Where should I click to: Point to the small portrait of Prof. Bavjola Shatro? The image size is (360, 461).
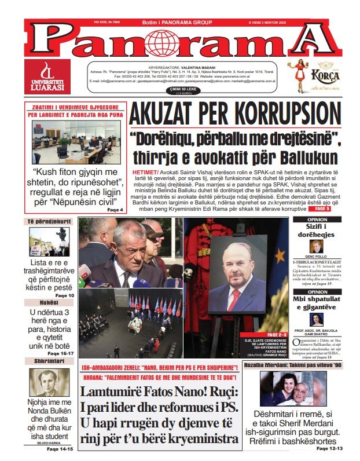[x=316, y=320]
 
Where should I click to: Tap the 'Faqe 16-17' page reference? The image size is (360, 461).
[x=60, y=353]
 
